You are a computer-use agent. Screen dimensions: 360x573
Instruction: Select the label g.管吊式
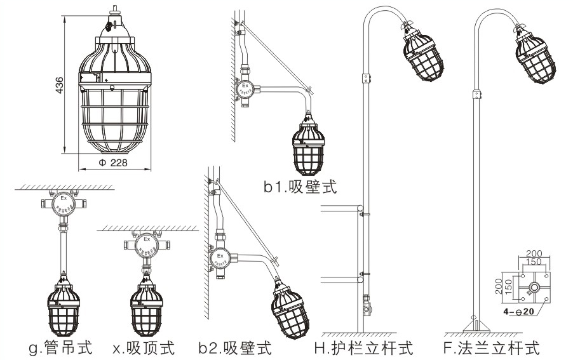point(61,347)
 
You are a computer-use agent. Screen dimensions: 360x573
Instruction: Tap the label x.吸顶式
point(144,347)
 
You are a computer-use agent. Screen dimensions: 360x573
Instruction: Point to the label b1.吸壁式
point(300,187)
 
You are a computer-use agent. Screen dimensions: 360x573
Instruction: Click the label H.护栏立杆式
point(363,347)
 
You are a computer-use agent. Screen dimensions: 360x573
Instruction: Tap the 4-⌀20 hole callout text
point(519,312)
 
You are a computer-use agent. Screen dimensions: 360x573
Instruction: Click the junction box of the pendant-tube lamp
point(63,204)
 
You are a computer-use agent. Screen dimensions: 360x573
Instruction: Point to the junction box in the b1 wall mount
point(245,91)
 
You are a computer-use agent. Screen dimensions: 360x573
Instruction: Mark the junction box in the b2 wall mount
point(220,258)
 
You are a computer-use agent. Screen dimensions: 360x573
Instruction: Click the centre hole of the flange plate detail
point(532,287)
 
